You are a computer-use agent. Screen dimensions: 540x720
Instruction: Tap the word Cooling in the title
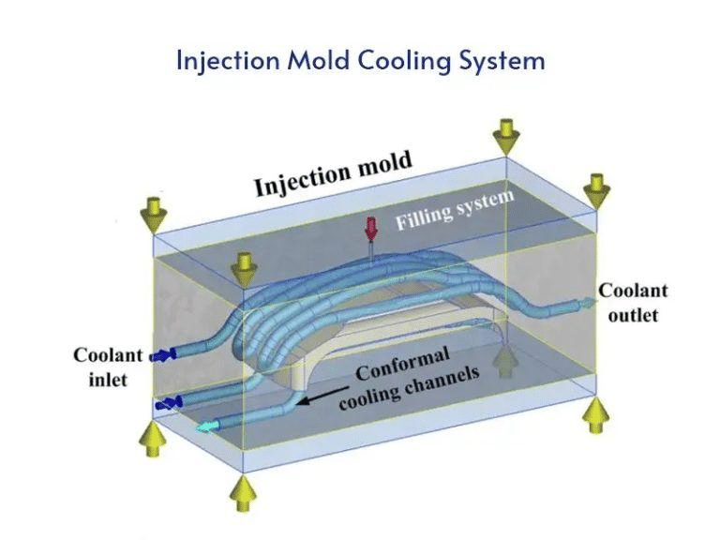tap(391, 61)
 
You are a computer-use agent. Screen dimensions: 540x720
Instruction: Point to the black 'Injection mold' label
tap(332, 174)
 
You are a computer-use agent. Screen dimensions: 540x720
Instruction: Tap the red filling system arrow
tap(371, 230)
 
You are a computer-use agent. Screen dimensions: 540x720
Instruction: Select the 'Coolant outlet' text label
tap(633, 302)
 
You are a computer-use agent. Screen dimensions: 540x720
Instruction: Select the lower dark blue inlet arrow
tap(168, 403)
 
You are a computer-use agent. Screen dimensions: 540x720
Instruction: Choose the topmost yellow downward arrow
tap(507, 134)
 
